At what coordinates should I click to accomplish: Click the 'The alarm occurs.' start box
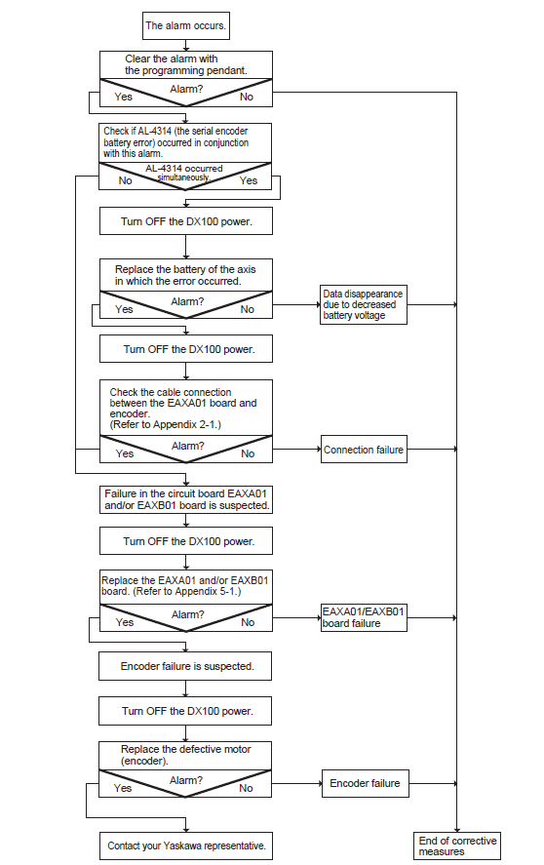click(x=186, y=26)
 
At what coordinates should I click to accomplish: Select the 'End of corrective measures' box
click(x=457, y=845)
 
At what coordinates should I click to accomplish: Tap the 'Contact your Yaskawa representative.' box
click(x=186, y=845)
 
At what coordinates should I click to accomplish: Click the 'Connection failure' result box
click(x=365, y=449)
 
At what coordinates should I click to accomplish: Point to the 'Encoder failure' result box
click(x=366, y=783)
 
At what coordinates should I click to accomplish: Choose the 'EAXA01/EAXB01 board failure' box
click(x=365, y=618)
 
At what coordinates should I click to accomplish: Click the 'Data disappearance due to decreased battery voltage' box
click(x=364, y=304)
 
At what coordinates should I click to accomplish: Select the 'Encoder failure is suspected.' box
click(x=185, y=666)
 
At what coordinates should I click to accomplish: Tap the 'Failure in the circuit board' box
click(x=186, y=500)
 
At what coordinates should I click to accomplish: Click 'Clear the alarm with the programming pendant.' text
click(x=186, y=64)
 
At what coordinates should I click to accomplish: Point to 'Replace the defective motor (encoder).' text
click(x=186, y=755)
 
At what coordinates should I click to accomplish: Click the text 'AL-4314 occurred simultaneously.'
click(x=183, y=173)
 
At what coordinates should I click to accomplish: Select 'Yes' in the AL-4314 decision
click(x=249, y=180)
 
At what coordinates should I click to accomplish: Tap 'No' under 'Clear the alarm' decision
click(x=246, y=97)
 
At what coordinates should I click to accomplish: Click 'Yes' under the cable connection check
click(x=125, y=453)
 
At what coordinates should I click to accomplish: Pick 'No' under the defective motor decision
click(x=246, y=788)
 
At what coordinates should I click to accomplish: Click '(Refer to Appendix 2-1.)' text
click(x=165, y=424)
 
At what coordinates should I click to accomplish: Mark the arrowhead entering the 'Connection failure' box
click(x=319, y=449)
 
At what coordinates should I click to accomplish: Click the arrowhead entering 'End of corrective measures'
click(x=457, y=829)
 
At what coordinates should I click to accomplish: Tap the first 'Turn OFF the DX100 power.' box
click(x=186, y=221)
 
